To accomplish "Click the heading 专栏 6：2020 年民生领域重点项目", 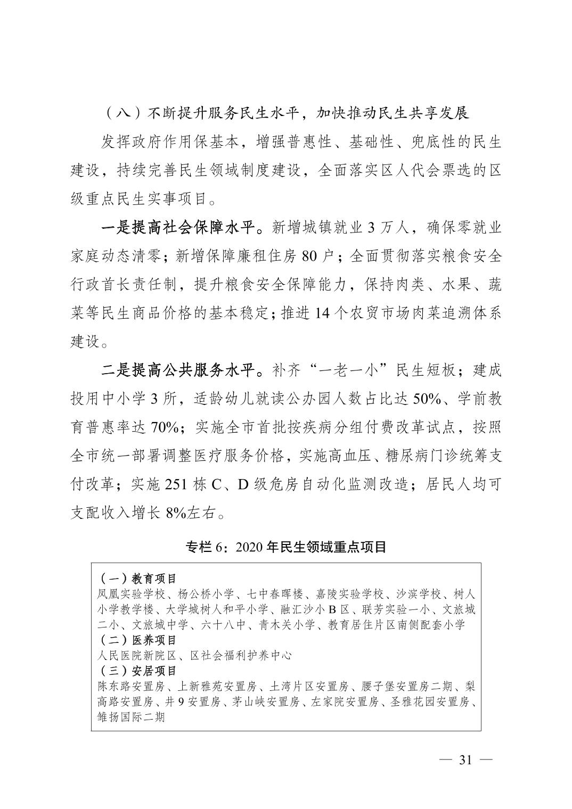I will (285, 547).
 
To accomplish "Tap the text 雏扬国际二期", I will (131, 717).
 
